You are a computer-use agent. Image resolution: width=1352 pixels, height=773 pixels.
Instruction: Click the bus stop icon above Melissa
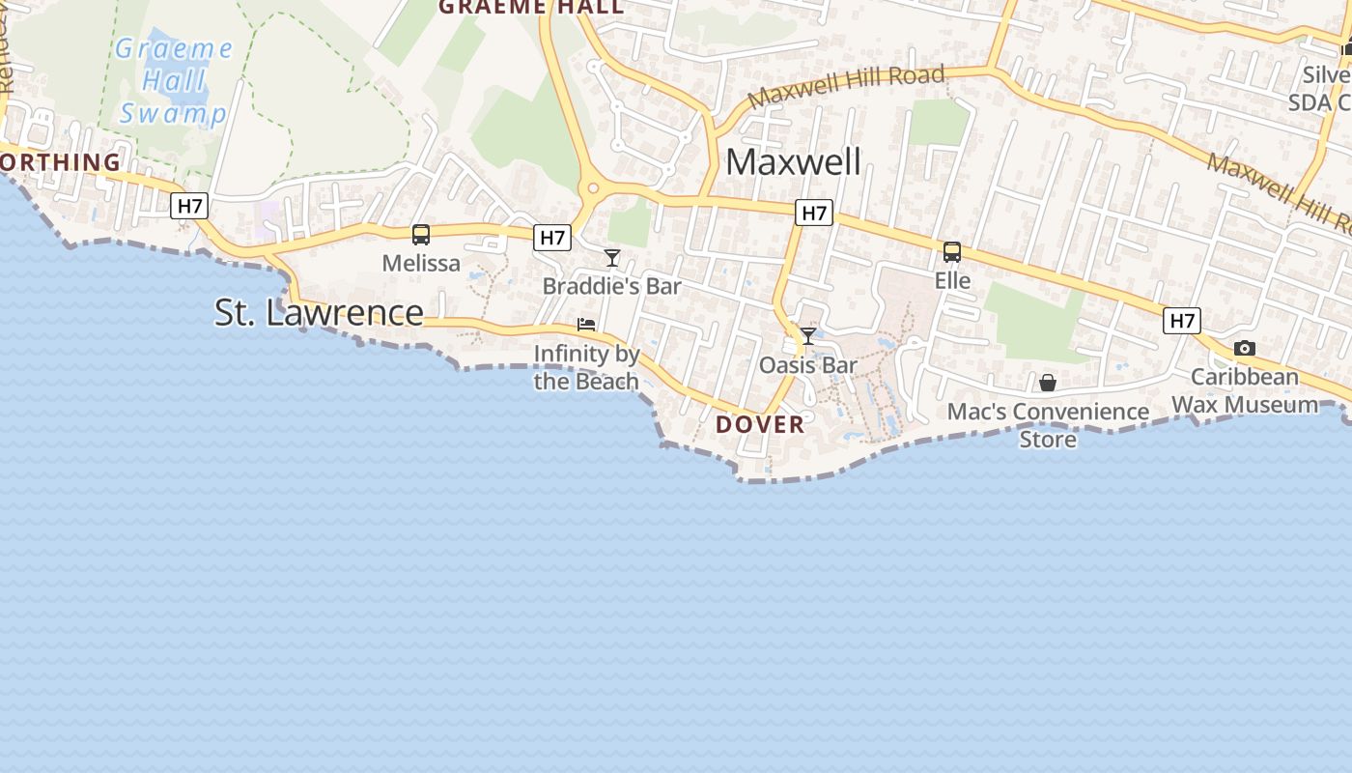[x=421, y=234]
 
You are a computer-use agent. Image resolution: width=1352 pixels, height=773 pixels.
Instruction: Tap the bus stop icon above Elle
[x=952, y=252]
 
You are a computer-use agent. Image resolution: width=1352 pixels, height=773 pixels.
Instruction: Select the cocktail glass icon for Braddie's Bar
[x=612, y=257]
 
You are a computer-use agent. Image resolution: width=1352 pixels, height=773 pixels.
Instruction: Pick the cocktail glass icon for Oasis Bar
[x=808, y=335]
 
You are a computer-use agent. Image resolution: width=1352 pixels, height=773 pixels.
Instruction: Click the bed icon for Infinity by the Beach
[x=586, y=324]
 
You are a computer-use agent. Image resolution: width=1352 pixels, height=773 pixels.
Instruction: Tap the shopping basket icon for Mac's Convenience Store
[x=1048, y=383]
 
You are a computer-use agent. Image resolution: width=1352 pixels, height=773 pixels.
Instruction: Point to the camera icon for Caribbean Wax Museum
[x=1245, y=348]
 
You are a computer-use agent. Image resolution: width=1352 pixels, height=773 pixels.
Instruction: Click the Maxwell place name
[x=793, y=161]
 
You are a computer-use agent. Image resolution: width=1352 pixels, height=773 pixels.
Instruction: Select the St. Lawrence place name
[x=319, y=312]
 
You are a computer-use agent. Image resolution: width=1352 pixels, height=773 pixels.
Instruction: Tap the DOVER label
[x=760, y=424]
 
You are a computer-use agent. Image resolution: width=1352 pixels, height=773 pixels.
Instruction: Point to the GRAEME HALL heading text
[x=531, y=8]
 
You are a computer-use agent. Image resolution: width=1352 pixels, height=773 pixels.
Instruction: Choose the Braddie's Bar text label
[x=612, y=286]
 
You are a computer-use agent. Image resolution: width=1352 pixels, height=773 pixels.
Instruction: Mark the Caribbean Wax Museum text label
[x=1245, y=390]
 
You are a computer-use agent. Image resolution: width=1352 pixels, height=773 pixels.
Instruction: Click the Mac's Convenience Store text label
[x=1048, y=425]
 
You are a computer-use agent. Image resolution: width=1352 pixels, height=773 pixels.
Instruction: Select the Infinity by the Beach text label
[x=587, y=367]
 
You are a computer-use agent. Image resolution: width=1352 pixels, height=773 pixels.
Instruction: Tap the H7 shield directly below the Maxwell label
[x=815, y=213]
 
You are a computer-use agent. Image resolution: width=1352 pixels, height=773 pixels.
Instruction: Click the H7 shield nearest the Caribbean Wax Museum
[x=1182, y=321]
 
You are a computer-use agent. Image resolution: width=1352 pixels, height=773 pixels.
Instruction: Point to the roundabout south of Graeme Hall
[x=593, y=189]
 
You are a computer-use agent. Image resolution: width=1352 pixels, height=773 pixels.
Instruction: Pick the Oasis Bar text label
[x=808, y=365]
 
